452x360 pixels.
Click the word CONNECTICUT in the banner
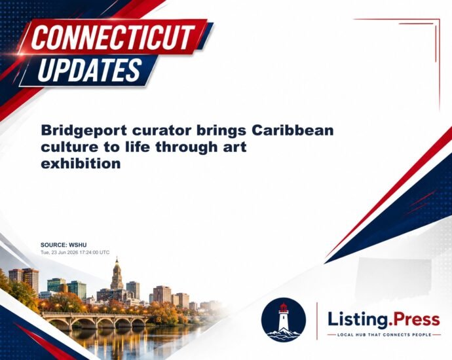point(113,37)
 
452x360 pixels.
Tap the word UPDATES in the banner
point(90,70)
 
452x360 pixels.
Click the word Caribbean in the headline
point(293,130)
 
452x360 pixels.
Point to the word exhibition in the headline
point(81,163)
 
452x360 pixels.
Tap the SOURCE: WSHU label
point(64,245)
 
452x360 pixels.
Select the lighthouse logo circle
point(284,319)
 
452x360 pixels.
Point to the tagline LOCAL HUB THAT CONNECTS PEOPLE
point(385,334)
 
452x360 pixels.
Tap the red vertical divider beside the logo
point(317,321)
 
